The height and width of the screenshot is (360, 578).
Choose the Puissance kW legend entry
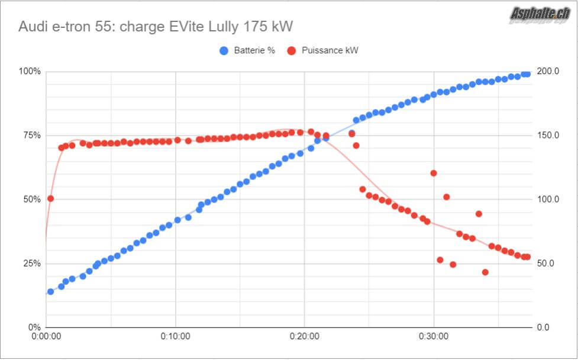click(x=322, y=50)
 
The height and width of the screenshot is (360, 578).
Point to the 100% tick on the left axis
click(x=30, y=71)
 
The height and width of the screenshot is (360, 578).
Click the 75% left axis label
click(x=31, y=135)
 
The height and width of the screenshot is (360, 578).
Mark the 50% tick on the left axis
click(x=31, y=199)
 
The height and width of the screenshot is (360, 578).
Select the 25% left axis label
click(x=31, y=263)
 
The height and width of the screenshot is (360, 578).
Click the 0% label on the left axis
click(x=34, y=327)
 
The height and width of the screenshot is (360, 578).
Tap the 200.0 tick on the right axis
click(x=548, y=71)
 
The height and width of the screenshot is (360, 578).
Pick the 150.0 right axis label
click(x=548, y=135)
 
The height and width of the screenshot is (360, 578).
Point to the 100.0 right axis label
click(x=548, y=199)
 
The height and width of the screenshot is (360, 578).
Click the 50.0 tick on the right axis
click(x=546, y=263)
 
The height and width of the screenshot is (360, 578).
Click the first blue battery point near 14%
click(x=50, y=291)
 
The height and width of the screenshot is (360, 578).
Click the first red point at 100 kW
click(x=50, y=198)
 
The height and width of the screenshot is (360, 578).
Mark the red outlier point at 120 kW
click(x=434, y=173)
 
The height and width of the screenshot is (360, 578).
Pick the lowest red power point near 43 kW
click(x=485, y=272)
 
